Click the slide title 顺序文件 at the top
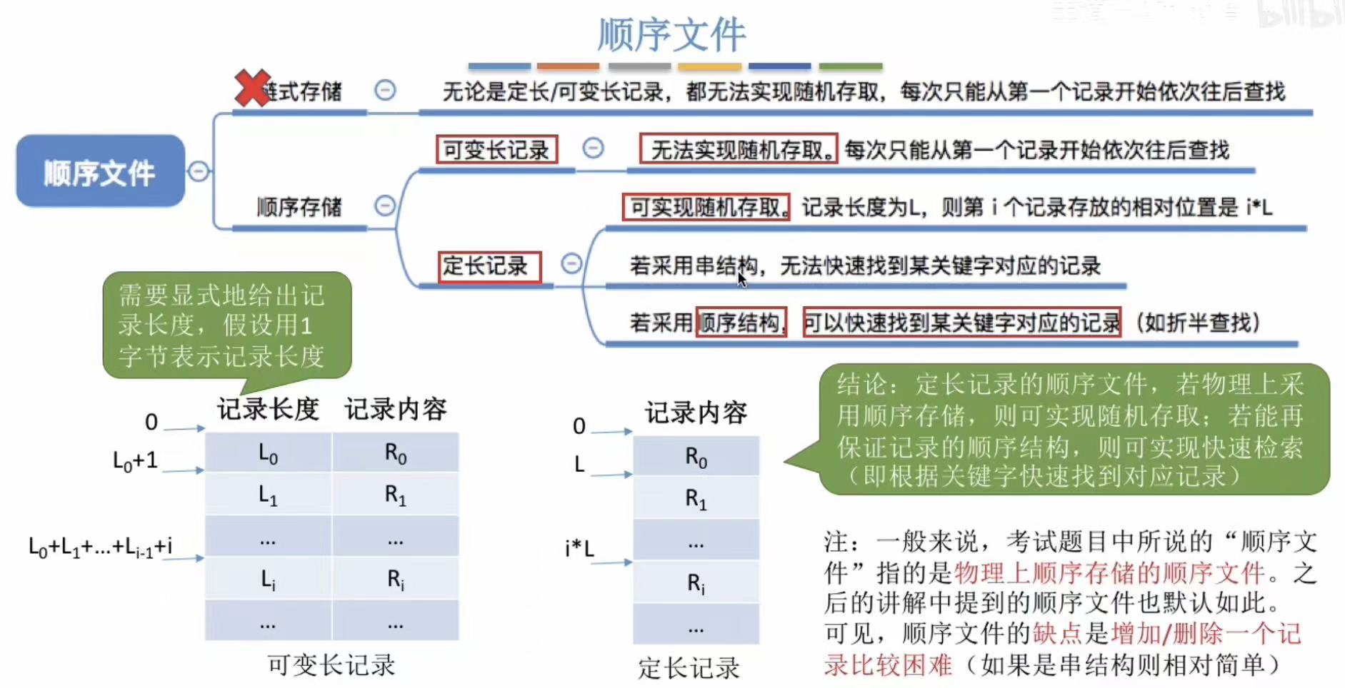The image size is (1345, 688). [671, 34]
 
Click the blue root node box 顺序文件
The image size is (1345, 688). [100, 172]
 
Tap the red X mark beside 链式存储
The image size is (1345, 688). [251, 88]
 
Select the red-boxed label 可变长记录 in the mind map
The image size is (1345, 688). [496, 150]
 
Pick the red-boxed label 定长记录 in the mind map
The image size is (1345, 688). [489, 266]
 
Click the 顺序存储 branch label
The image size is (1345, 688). [299, 207]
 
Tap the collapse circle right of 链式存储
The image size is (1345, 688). [385, 90]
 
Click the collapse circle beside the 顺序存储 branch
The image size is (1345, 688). [385, 206]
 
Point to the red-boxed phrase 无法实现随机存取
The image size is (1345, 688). [739, 149]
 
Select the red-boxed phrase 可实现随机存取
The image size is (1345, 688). [706, 207]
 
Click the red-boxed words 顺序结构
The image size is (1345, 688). [741, 323]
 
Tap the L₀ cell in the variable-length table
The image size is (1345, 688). [268, 453]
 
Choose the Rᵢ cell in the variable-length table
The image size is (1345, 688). [395, 580]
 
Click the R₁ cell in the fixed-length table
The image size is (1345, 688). [696, 498]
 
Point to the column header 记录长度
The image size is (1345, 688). [268, 409]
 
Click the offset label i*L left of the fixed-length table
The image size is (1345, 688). [579, 549]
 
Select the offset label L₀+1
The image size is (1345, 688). [135, 460]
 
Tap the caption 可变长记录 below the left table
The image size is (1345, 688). [331, 664]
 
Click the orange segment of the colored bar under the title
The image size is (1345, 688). [568, 66]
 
